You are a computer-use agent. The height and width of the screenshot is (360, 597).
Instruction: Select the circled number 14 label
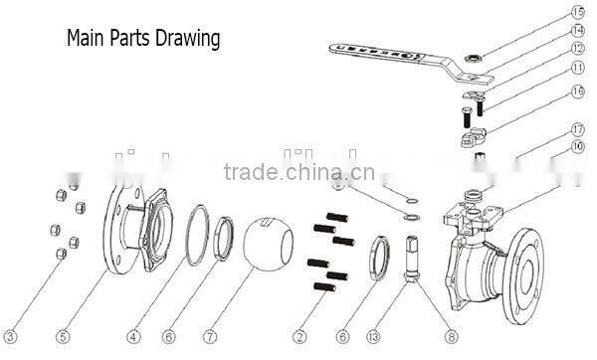577,30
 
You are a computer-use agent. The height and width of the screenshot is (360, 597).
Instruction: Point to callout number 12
577,48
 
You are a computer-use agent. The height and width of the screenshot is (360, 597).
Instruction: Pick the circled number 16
577,91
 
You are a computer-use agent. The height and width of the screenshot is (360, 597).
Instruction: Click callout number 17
577,129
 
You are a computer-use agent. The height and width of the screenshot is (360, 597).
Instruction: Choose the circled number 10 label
577,146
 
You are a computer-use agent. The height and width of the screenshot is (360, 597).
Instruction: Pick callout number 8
450,335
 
